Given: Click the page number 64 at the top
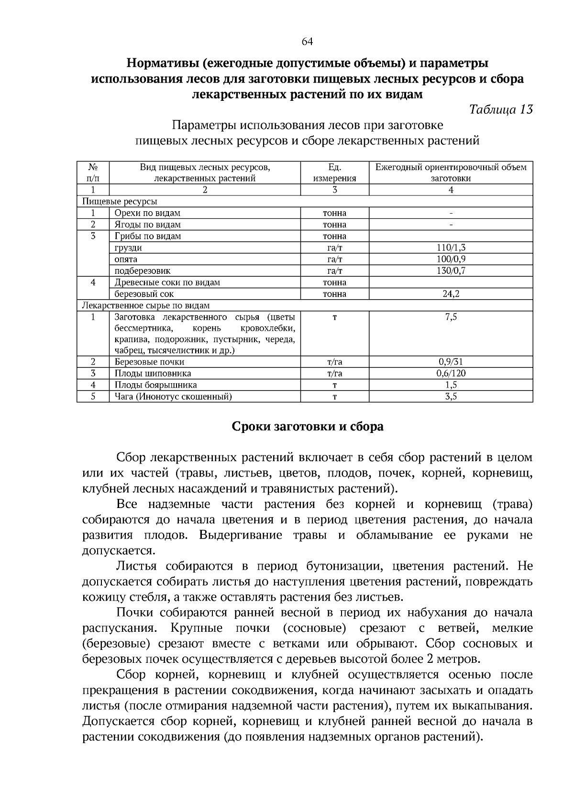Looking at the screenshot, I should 307,42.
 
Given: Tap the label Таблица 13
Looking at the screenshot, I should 501,109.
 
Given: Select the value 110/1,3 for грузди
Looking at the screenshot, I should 451,248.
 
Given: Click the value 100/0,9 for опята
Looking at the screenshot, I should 451,259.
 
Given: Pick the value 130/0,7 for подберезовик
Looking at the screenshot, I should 451,270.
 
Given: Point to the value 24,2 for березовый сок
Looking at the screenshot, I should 451,294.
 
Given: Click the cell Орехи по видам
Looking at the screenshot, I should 147,213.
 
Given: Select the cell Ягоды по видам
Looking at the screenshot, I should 147,225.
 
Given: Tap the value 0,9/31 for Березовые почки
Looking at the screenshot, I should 451,362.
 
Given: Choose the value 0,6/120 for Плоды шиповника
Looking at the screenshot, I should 451,373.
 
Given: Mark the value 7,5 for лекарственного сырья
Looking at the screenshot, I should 451,317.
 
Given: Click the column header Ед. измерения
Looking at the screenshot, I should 334,173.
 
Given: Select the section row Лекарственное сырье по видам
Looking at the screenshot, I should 146,305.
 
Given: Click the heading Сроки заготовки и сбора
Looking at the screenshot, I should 307,426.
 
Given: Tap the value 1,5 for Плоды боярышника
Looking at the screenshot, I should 451,385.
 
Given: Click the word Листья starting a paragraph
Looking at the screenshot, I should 136,566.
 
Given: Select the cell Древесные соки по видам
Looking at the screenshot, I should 167,282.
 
